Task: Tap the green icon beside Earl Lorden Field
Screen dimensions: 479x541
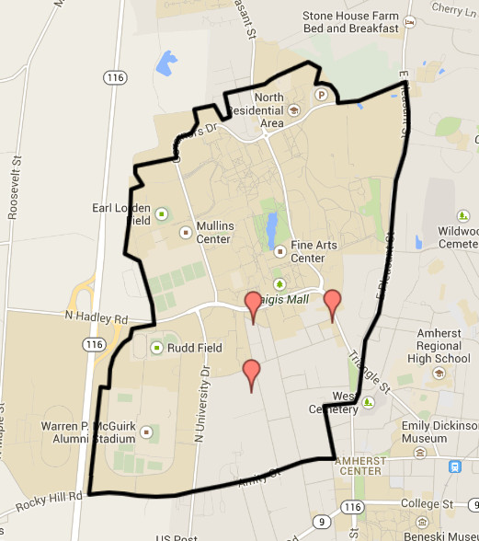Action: click(162, 214)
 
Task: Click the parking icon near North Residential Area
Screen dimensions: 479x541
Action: click(323, 94)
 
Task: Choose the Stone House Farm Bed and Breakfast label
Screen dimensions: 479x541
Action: click(353, 22)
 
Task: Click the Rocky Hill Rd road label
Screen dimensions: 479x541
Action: click(41, 497)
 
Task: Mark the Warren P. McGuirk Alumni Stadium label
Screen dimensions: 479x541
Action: click(84, 432)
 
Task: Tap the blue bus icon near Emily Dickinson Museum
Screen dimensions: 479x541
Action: click(455, 466)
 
